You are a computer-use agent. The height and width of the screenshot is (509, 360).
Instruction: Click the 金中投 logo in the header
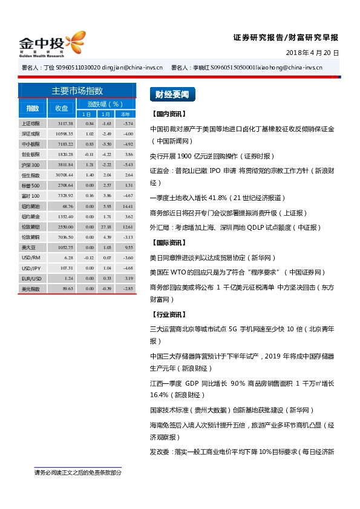(51, 44)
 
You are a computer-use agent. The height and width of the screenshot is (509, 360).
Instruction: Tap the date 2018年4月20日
(312, 53)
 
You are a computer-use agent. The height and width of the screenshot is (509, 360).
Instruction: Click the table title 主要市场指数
(77, 91)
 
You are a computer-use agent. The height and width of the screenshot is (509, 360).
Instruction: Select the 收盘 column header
(62, 108)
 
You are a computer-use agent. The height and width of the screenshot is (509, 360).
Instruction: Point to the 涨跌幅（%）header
(105, 104)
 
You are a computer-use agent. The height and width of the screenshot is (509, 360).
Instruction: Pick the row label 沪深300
(31, 164)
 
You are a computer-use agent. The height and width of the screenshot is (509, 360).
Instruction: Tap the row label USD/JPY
(31, 268)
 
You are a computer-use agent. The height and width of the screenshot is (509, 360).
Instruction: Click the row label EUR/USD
(31, 278)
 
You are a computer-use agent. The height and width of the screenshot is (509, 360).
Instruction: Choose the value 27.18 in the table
(106, 227)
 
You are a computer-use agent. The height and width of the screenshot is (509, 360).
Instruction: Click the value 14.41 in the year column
(127, 206)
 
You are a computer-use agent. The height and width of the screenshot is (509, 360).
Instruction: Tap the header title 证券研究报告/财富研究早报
(286, 37)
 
